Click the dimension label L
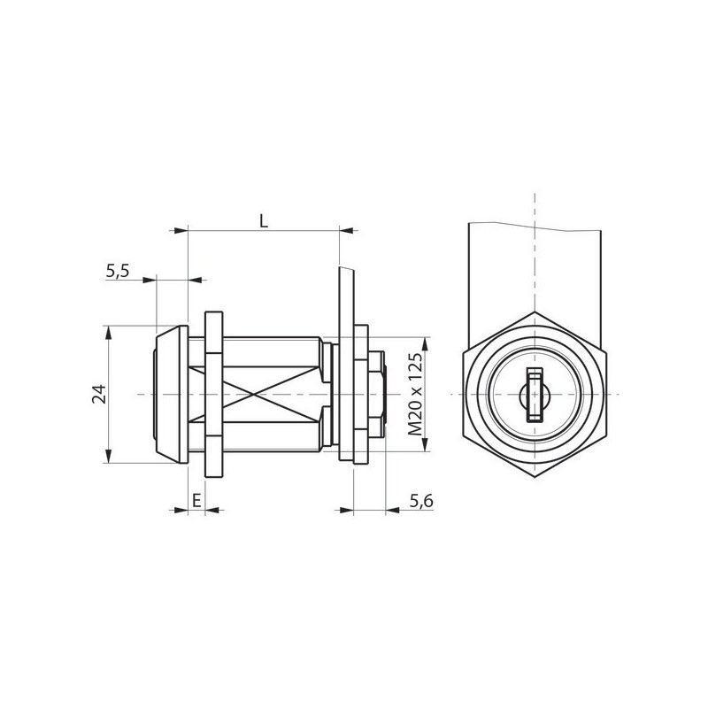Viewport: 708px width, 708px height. [x=264, y=220]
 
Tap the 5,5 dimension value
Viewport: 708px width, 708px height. [x=118, y=271]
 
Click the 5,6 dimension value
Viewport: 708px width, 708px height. [x=421, y=501]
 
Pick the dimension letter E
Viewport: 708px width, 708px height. [x=196, y=500]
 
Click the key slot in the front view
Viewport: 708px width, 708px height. [x=535, y=395]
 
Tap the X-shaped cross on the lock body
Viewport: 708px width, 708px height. [x=255, y=395]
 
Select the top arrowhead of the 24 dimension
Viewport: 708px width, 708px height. [x=108, y=332]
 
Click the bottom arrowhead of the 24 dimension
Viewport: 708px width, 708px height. [x=108, y=457]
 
